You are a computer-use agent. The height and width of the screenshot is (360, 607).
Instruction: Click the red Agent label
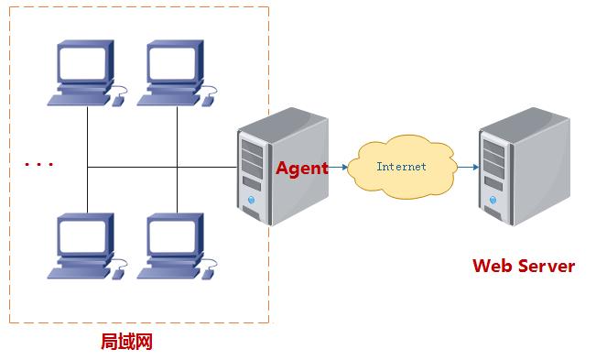pos(301,169)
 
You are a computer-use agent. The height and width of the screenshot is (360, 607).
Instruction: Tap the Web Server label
pos(523,266)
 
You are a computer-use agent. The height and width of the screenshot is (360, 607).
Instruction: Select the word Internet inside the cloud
pos(401,167)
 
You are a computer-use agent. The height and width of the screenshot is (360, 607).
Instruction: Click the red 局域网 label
pos(125,343)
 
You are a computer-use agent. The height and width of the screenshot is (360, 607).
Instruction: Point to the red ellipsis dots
pos(39,165)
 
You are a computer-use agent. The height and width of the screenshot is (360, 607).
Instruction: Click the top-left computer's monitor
pos(85,64)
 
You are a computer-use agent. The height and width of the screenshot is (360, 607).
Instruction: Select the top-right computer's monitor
pos(175,64)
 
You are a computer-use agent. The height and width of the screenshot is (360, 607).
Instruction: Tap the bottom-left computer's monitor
pos(85,237)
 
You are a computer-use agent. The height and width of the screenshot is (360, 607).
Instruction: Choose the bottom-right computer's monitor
pos(175,237)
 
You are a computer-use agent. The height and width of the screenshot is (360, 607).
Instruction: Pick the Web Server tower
pos(517,165)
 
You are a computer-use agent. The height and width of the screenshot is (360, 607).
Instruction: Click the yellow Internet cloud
pos(403,167)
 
